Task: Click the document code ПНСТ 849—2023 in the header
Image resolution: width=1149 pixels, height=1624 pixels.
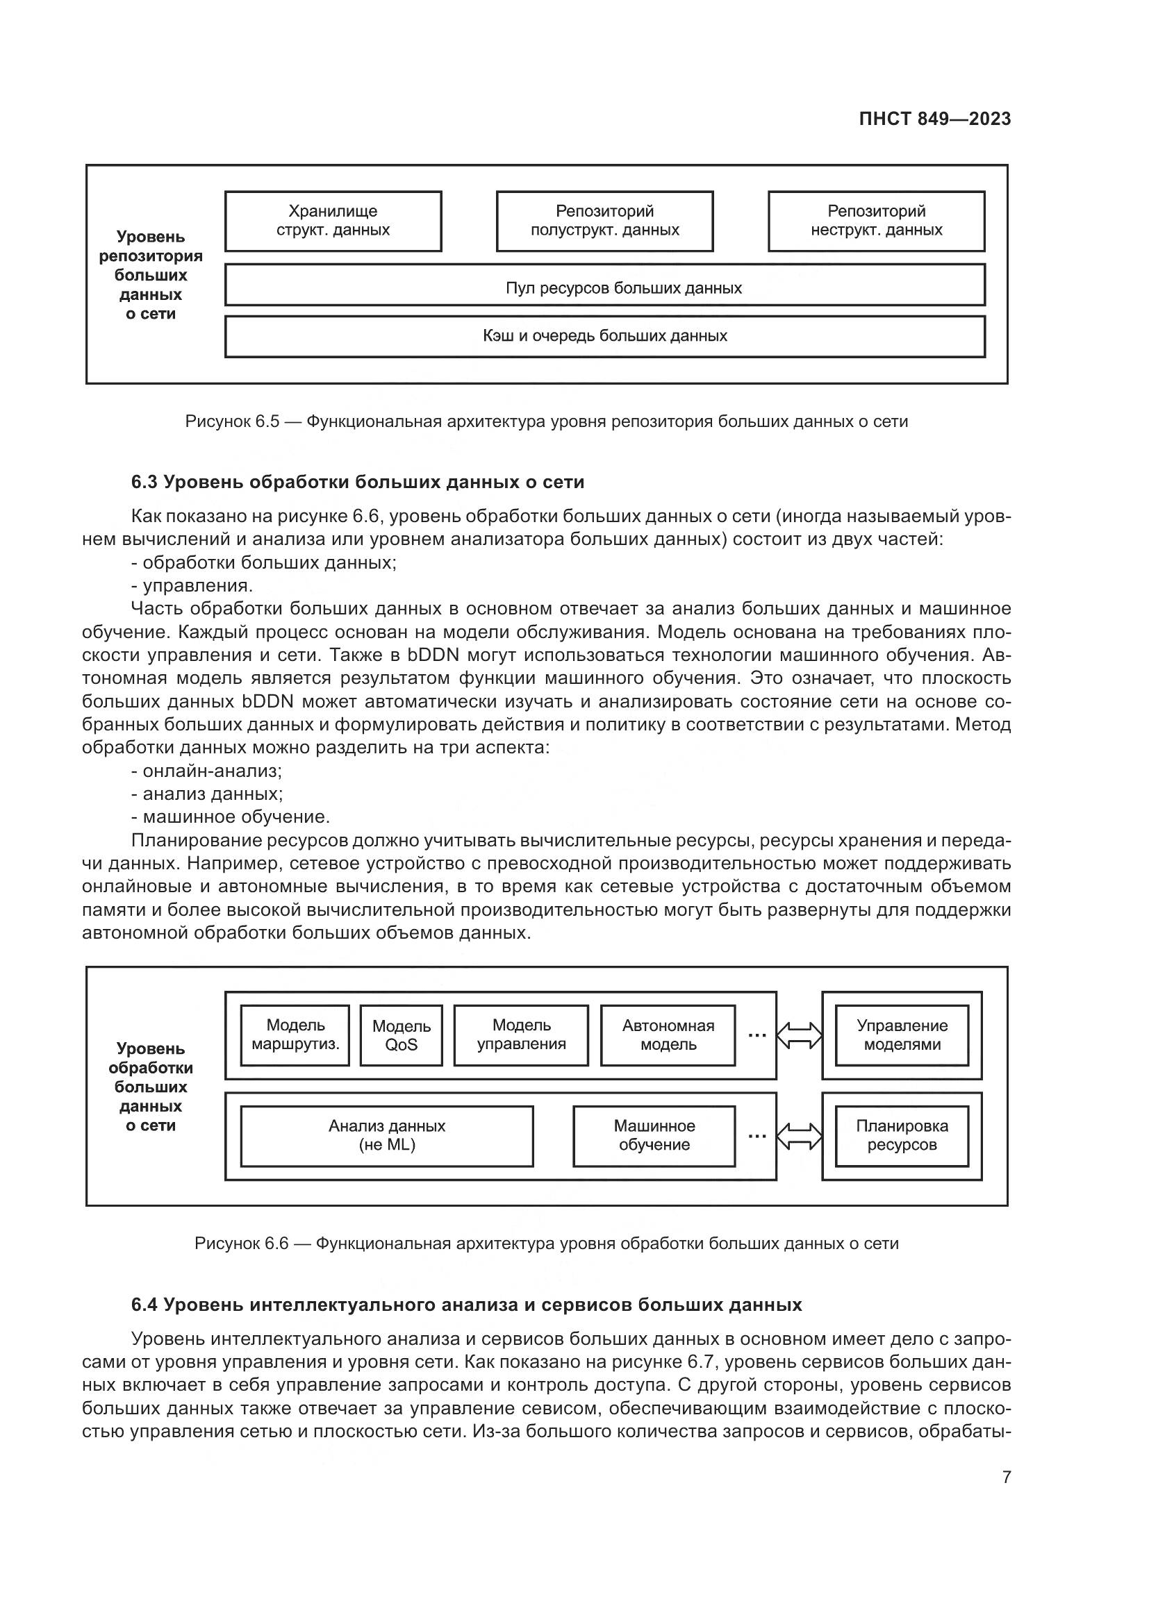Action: pyautogui.click(x=934, y=119)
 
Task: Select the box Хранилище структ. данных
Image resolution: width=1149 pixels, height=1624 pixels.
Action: pyautogui.click(x=333, y=221)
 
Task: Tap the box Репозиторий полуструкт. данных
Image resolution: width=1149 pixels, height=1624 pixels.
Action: pyautogui.click(x=604, y=221)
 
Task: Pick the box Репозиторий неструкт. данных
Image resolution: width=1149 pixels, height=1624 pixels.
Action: pyautogui.click(x=876, y=221)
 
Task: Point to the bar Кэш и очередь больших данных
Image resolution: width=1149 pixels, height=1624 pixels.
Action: pyautogui.click(x=605, y=336)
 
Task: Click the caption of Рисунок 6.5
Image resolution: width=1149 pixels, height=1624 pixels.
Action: pyautogui.click(x=546, y=422)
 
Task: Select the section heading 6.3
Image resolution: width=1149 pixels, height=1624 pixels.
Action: pyautogui.click(x=357, y=483)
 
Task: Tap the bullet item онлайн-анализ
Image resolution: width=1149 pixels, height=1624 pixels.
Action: pyautogui.click(x=206, y=771)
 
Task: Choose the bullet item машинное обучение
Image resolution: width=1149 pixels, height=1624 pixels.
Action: pyautogui.click(x=231, y=818)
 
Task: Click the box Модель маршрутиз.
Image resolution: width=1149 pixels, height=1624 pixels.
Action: pyautogui.click(x=295, y=1035)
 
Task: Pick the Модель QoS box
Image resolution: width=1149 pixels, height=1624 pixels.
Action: pyautogui.click(x=401, y=1035)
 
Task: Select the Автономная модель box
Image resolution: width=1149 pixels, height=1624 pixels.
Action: pyautogui.click(x=668, y=1035)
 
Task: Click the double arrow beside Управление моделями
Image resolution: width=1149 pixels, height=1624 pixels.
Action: pyautogui.click(x=800, y=1035)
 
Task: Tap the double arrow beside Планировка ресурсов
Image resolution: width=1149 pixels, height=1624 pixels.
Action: pyautogui.click(x=800, y=1137)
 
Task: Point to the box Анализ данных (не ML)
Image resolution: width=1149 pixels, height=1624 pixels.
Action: pyautogui.click(x=387, y=1136)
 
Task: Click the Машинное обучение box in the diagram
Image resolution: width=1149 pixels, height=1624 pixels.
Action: pyautogui.click(x=654, y=1136)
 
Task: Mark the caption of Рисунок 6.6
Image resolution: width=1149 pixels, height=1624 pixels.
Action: pyautogui.click(x=546, y=1244)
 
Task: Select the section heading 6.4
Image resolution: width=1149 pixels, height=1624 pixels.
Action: pyautogui.click(x=466, y=1305)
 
